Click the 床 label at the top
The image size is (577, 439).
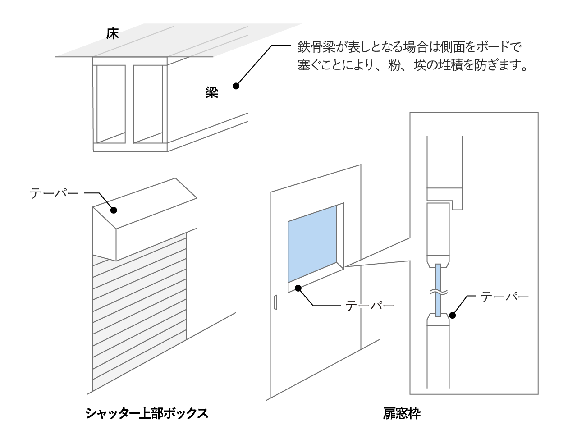pyautogui.click(x=113, y=34)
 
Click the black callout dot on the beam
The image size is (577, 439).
pyautogui.click(x=235, y=86)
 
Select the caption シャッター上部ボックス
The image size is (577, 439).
pyautogui.click(x=147, y=413)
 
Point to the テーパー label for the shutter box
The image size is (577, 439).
pyautogui.click(x=54, y=194)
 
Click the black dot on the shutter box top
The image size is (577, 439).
pyautogui.click(x=114, y=210)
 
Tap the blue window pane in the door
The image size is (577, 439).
pyautogui.click(x=312, y=246)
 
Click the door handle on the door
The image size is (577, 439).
pyautogui.click(x=275, y=302)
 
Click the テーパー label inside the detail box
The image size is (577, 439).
pyautogui.click(x=504, y=297)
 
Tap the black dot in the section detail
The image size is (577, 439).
pyautogui.click(x=453, y=316)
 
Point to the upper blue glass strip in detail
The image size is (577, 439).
pyautogui.click(x=438, y=276)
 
